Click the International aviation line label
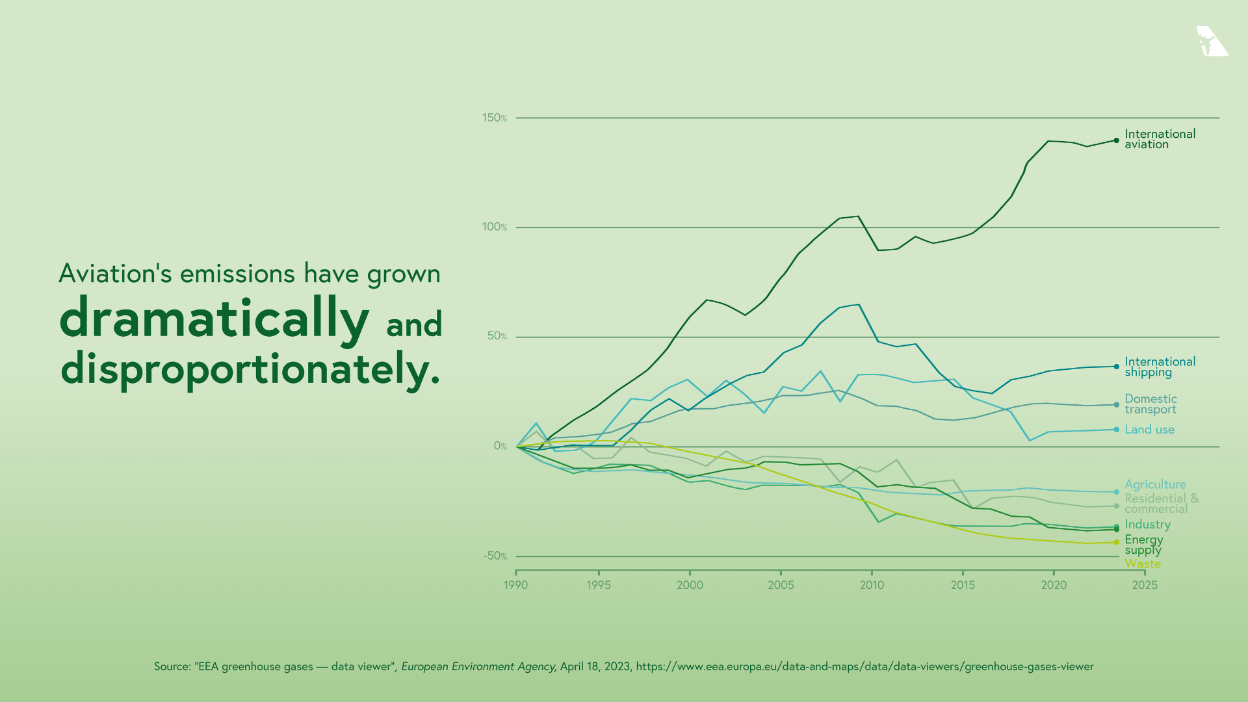coord(1160,139)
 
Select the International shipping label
coord(1160,367)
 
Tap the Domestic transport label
coord(1150,404)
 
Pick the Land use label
coord(1149,430)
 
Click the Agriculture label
coord(1155,484)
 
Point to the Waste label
coord(1143,564)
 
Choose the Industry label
coord(1147,525)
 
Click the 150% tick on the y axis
coord(494,118)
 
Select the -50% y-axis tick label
coord(494,556)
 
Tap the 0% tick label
coord(500,446)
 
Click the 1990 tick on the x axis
coord(516,585)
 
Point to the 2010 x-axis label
coord(872,585)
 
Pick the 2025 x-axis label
coord(1144,585)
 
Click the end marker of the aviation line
coord(1117,140)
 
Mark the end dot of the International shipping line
coord(1117,367)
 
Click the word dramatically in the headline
coord(214,318)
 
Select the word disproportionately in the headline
coord(250,369)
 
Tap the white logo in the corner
coord(1212,42)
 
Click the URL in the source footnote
coord(864,667)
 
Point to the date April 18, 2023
coord(595,667)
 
